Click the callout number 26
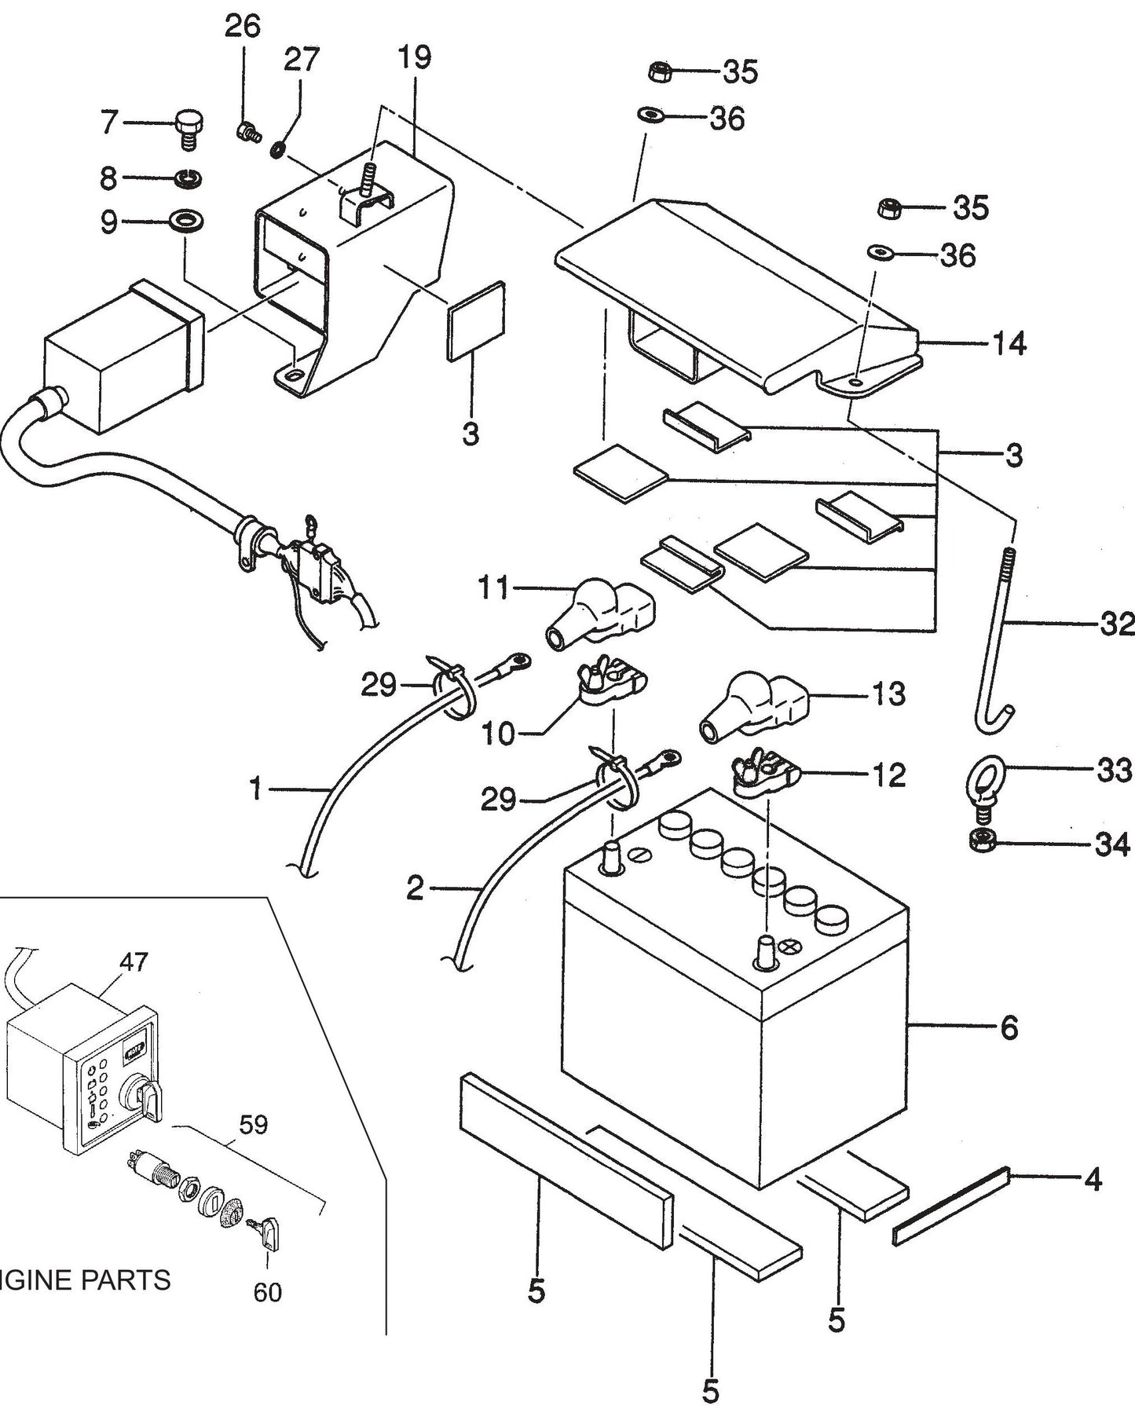(242, 26)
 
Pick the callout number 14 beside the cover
(1009, 343)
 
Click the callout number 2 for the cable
(415, 888)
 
